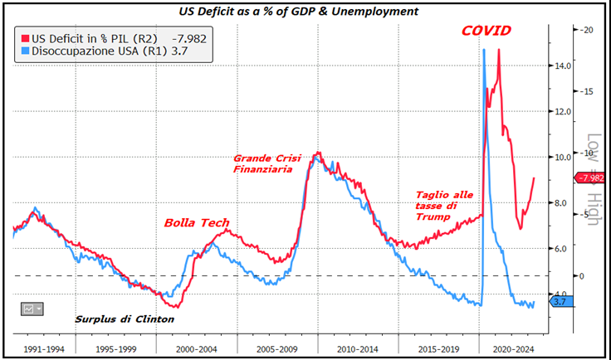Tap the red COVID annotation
486,32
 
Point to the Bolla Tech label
197,222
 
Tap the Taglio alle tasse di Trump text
444,206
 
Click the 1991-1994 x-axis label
44,349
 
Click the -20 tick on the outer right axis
587,29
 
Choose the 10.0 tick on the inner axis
563,157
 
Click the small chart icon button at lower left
32,309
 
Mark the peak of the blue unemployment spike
484,50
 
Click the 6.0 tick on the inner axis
563,249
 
